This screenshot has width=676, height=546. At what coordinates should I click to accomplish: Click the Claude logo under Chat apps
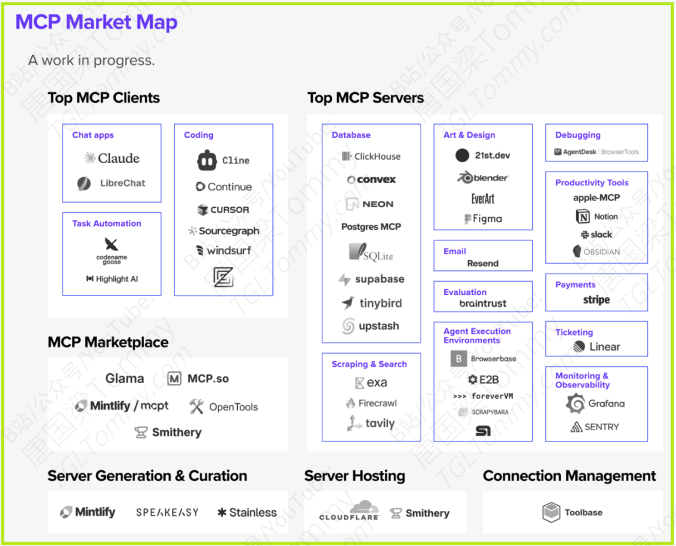click(112, 158)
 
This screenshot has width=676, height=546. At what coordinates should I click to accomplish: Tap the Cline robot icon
click(207, 160)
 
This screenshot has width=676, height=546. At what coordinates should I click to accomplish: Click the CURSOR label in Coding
click(223, 210)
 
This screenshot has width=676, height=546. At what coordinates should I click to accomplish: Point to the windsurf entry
click(223, 250)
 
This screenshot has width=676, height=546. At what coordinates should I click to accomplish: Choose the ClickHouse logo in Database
click(371, 157)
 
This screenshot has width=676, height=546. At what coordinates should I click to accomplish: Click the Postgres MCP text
click(371, 227)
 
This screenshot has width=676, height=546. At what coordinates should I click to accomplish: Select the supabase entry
click(371, 279)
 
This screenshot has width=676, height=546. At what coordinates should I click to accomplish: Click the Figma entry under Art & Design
click(483, 219)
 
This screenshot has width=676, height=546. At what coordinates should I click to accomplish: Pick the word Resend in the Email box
click(483, 264)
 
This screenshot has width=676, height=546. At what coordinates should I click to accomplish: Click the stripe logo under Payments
click(597, 300)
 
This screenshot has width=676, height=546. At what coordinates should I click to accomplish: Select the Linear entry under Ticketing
click(597, 347)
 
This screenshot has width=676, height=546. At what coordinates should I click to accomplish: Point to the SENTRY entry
click(595, 427)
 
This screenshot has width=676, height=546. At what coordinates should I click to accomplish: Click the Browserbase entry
click(483, 359)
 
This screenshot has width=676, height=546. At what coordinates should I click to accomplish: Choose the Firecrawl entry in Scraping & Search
click(371, 403)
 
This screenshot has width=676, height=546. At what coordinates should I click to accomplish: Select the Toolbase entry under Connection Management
click(572, 512)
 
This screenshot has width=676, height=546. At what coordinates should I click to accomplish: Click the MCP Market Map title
click(96, 23)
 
